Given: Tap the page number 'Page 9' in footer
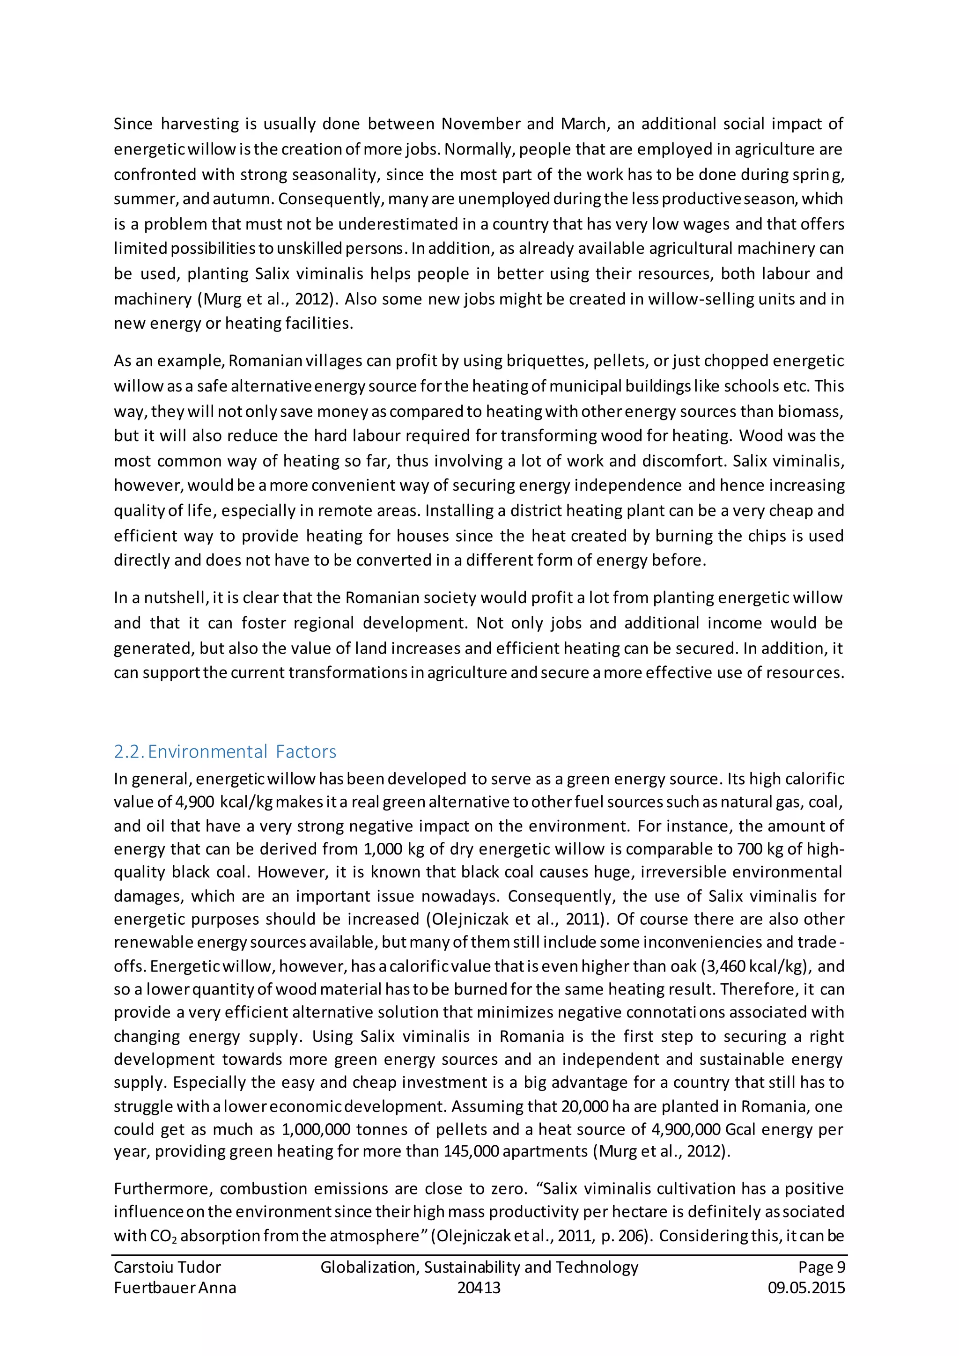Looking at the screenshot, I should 821,1268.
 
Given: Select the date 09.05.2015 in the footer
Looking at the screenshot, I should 806,1288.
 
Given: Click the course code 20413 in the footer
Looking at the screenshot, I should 479,1288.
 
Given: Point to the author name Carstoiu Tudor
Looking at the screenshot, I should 167,1268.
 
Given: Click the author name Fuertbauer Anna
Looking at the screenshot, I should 175,1288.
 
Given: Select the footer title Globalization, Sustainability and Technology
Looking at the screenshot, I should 479,1268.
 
